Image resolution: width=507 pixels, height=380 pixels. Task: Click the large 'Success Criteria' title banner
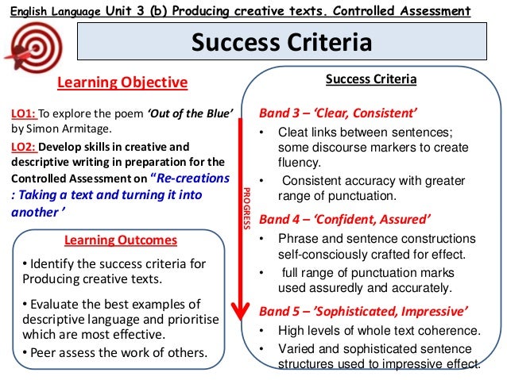(281, 42)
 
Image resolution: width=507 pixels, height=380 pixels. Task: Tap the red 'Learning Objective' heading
(122, 83)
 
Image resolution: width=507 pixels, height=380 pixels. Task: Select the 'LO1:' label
(24, 113)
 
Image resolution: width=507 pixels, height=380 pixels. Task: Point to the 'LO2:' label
(24, 147)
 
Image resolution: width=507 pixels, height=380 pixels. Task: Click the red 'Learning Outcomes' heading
(120, 240)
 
